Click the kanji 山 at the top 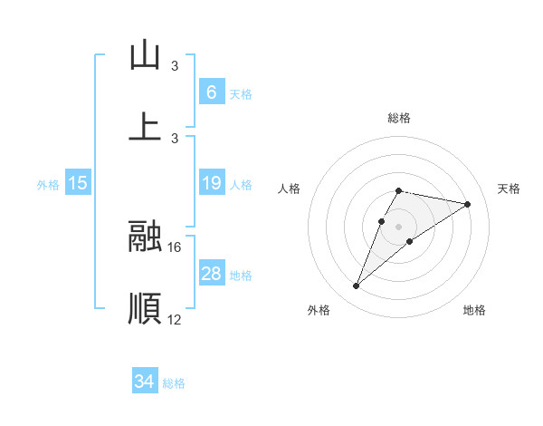[145, 55]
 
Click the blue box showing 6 [211, 92]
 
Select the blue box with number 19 [211, 184]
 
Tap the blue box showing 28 [211, 275]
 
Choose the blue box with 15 [78, 184]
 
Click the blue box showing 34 [144, 382]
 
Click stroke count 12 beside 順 [175, 319]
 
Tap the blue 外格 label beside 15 [48, 185]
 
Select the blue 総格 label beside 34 [174, 383]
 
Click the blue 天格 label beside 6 [241, 93]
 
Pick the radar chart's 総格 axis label [398, 118]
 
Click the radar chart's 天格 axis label [509, 189]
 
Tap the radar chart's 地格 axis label [474, 311]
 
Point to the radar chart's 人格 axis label [289, 189]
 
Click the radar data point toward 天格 [467, 204]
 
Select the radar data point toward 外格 [357, 286]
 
